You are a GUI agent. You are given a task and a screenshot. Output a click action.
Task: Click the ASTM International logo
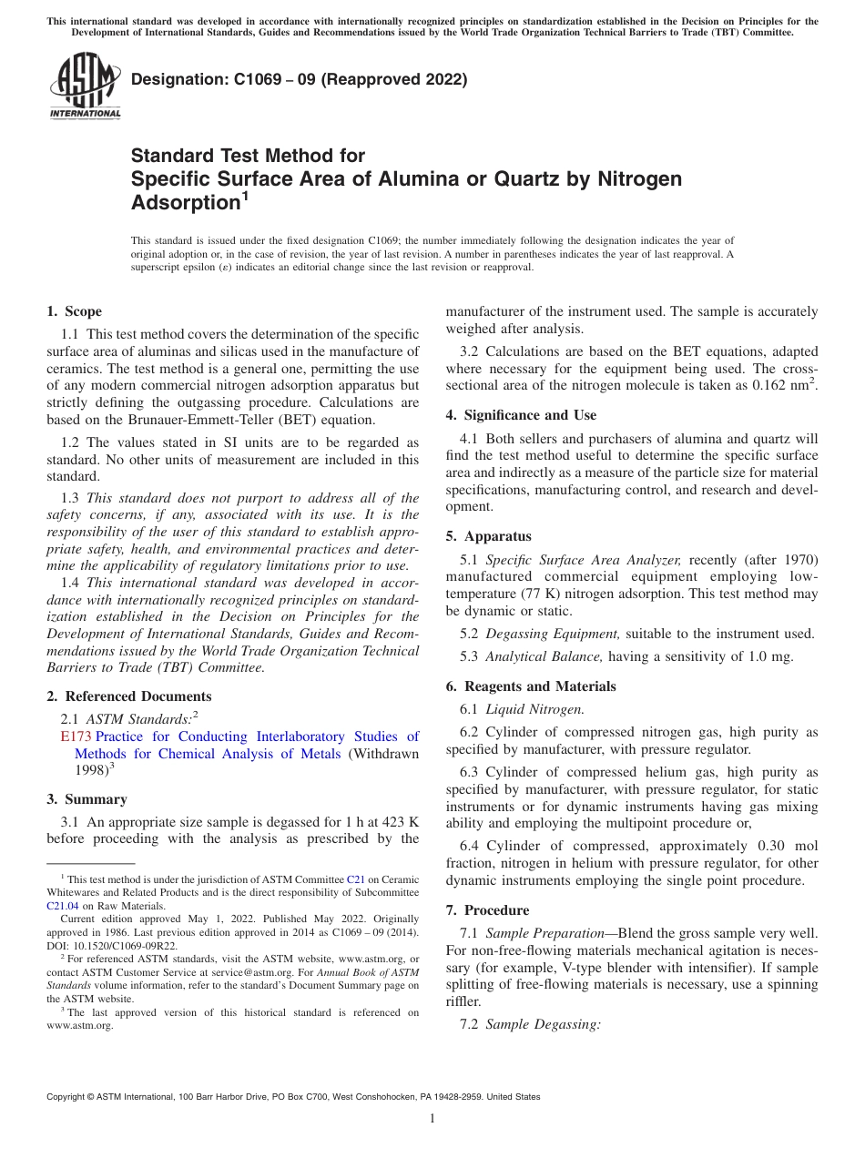(84, 86)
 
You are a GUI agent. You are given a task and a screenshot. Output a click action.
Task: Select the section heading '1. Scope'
(74, 311)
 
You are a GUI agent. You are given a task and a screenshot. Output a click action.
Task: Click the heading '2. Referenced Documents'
(124, 696)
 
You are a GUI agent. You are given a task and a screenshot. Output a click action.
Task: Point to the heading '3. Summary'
(86, 799)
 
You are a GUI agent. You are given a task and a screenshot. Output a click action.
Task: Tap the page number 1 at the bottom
(432, 1119)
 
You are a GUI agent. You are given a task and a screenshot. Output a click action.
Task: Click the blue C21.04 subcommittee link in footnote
(63, 907)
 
